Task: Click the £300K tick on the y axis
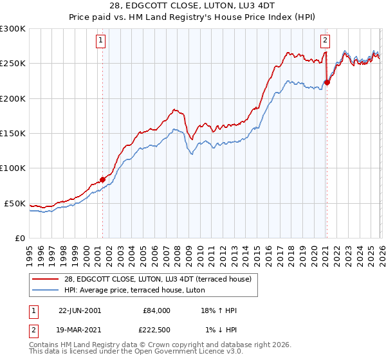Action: pyautogui.click(x=13, y=29)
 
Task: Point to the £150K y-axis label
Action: pyautogui.click(x=13, y=134)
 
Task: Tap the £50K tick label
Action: pyautogui.click(x=15, y=203)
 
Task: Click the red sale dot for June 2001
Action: pyautogui.click(x=102, y=179)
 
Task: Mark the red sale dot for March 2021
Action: pyautogui.click(x=327, y=82)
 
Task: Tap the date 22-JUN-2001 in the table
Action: pyautogui.click(x=80, y=310)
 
